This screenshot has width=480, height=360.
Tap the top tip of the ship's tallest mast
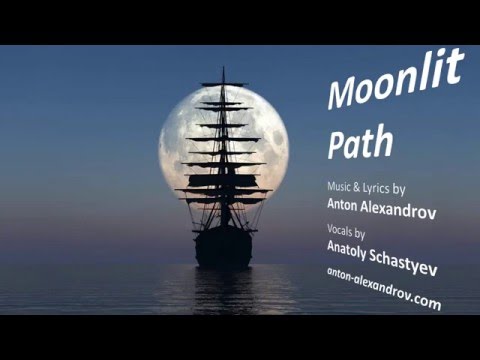(223, 69)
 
